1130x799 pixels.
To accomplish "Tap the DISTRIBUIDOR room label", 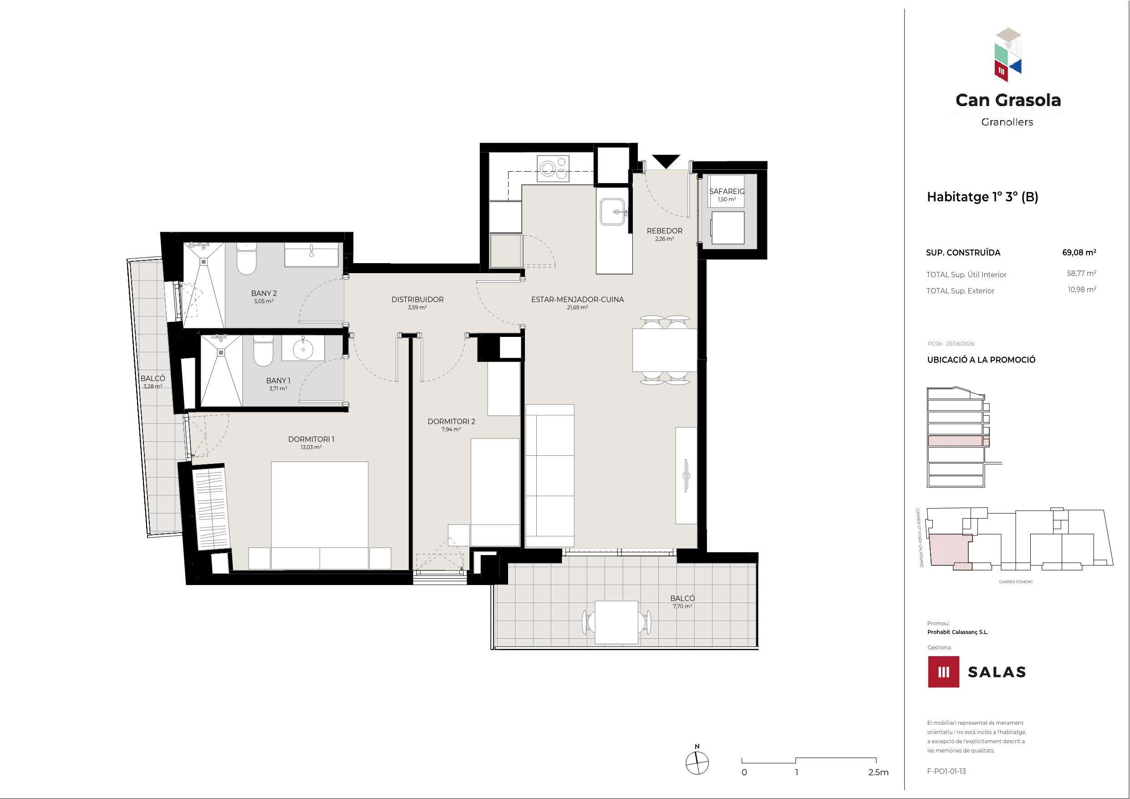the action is (x=417, y=299).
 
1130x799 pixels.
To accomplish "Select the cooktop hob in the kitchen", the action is (x=553, y=169).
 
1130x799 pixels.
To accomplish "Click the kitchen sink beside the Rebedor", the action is (x=613, y=212).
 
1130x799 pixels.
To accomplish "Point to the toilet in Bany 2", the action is (x=246, y=259).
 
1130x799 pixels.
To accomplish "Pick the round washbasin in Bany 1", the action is (x=303, y=350).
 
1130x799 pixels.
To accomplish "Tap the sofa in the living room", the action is (x=550, y=476).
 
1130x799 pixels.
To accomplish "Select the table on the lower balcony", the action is (x=616, y=623).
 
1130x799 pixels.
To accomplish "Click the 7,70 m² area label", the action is (x=682, y=606).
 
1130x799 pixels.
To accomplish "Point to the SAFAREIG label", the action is (x=727, y=191).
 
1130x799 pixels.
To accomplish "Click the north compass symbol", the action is (x=697, y=763).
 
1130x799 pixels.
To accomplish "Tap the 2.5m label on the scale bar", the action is (x=879, y=773).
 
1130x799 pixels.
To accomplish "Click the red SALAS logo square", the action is (x=943, y=672).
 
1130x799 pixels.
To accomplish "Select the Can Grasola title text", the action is (x=1008, y=101).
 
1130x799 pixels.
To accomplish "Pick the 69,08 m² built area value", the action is (x=1079, y=253).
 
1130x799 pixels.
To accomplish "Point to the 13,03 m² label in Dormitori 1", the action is (x=311, y=448).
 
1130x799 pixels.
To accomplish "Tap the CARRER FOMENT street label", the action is (x=1016, y=582).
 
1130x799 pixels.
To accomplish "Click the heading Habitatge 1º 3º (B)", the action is (x=982, y=197).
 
